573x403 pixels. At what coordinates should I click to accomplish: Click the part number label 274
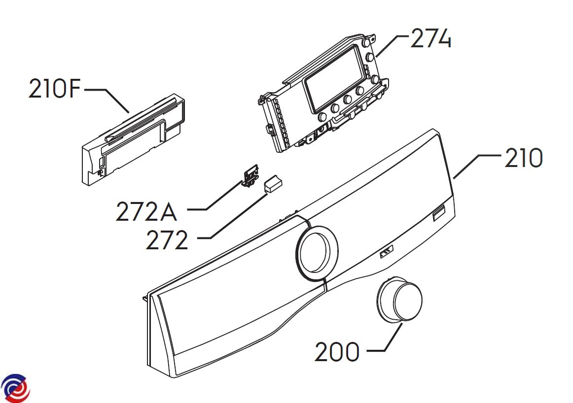(431, 38)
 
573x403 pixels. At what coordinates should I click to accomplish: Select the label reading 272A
(146, 212)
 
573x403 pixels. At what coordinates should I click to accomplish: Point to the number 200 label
(337, 352)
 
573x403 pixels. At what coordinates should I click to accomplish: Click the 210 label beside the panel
(524, 158)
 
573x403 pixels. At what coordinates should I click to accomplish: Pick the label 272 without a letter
(167, 240)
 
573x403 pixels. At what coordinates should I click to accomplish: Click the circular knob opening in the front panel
(317, 253)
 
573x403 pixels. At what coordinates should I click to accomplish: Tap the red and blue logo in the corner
(15, 388)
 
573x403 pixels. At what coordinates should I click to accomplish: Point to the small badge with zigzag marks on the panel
(387, 252)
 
